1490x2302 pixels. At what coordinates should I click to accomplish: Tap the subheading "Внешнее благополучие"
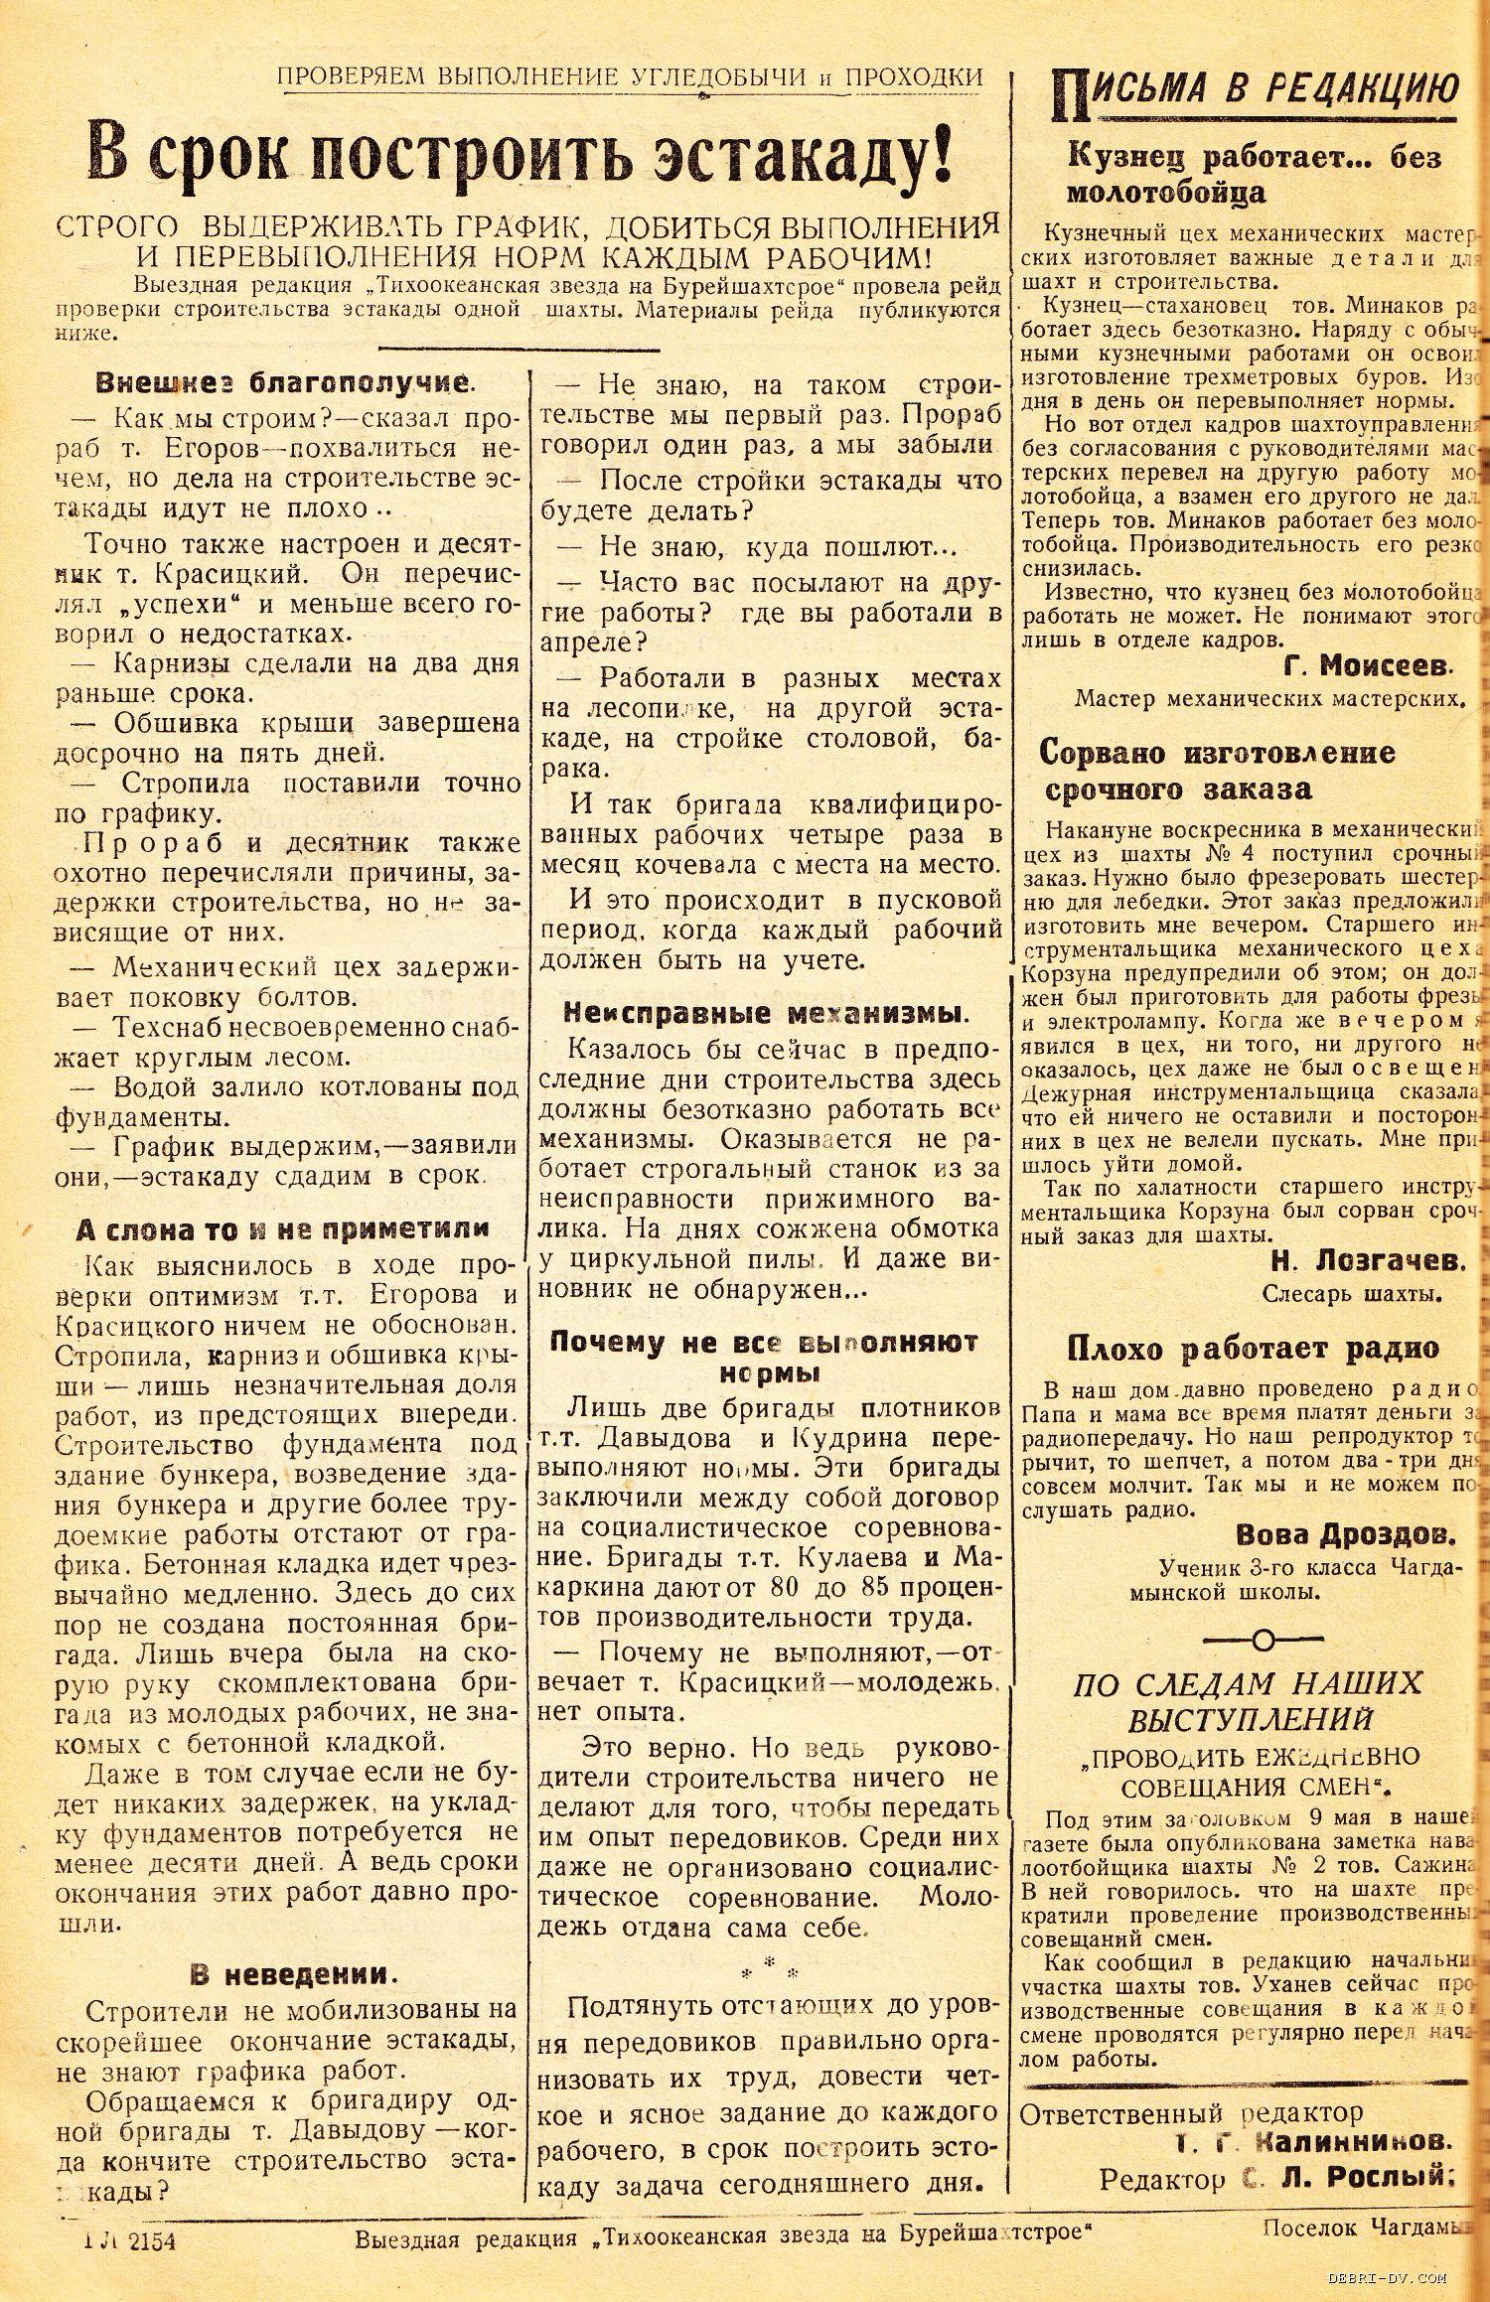282,382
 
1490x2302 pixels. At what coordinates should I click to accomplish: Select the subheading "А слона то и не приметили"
282,1228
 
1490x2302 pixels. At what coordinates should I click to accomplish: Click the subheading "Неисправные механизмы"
764,1013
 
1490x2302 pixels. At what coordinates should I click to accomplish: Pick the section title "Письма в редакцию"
1256,91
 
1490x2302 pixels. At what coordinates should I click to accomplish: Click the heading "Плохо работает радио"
1253,1349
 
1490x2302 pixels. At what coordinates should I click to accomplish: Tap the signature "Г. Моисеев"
1362,665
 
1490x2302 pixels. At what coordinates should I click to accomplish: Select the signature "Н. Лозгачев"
1368,1261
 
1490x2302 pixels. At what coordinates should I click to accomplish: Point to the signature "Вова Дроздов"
1346,1535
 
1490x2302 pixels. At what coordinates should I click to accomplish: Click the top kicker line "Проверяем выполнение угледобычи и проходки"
630,76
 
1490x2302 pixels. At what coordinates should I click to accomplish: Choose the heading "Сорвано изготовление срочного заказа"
1217,771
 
